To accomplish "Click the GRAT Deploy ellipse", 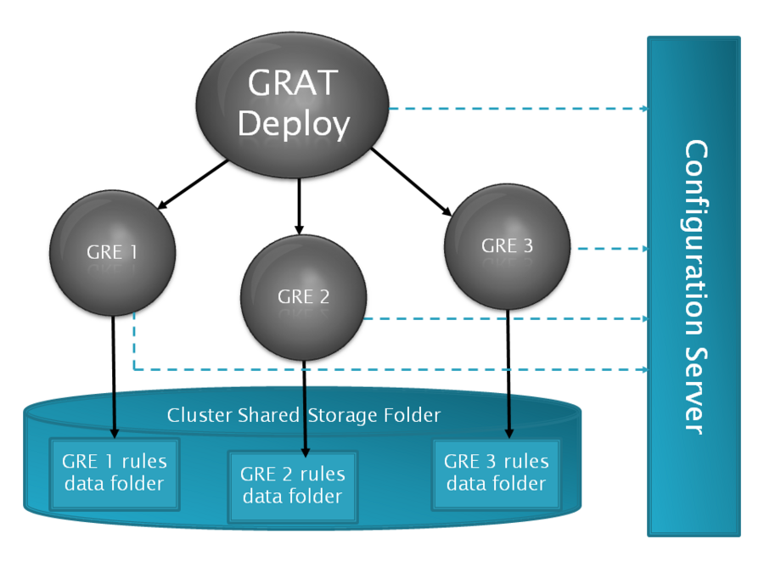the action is (292, 105).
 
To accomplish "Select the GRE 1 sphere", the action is (113, 253).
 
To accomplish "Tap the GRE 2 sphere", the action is (304, 298).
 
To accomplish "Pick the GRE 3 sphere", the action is (508, 246).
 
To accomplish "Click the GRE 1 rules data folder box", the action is (115, 474).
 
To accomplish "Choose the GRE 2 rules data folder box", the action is (292, 486).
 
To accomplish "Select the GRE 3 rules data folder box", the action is (497, 474).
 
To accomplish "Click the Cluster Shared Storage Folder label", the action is (304, 415).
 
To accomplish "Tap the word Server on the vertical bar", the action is (694, 390).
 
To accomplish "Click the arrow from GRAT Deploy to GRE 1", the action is (193, 184).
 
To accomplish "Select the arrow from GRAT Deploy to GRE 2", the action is (299, 206).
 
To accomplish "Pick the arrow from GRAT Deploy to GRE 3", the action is (412, 182).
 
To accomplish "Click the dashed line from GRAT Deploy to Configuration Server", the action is (519, 109).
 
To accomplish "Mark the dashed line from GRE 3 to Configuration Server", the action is (613, 249).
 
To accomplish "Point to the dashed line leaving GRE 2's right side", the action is (507, 318).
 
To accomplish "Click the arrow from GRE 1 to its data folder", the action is (114, 377).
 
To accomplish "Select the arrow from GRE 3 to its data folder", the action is (508, 374).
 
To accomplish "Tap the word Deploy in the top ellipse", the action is (294, 124).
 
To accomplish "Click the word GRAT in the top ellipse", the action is (293, 82).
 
